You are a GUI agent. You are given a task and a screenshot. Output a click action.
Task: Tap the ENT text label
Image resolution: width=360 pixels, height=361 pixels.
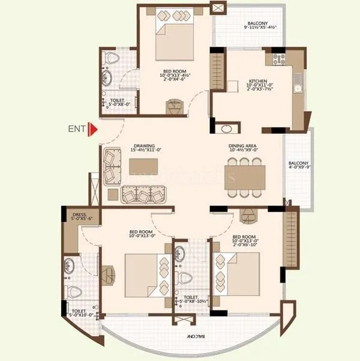[76, 128]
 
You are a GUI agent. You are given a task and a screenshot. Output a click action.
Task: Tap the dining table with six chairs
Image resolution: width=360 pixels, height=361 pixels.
[245, 177]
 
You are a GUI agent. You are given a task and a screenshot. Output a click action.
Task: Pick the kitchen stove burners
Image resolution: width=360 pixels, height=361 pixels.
[279, 59]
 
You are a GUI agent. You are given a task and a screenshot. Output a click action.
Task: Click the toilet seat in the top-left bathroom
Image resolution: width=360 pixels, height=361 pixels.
[111, 58]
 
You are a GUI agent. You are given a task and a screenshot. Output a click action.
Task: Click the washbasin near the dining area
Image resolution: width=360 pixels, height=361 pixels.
[227, 128]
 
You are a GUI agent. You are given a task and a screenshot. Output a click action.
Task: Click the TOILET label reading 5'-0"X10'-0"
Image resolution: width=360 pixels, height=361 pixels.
[82, 311]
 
